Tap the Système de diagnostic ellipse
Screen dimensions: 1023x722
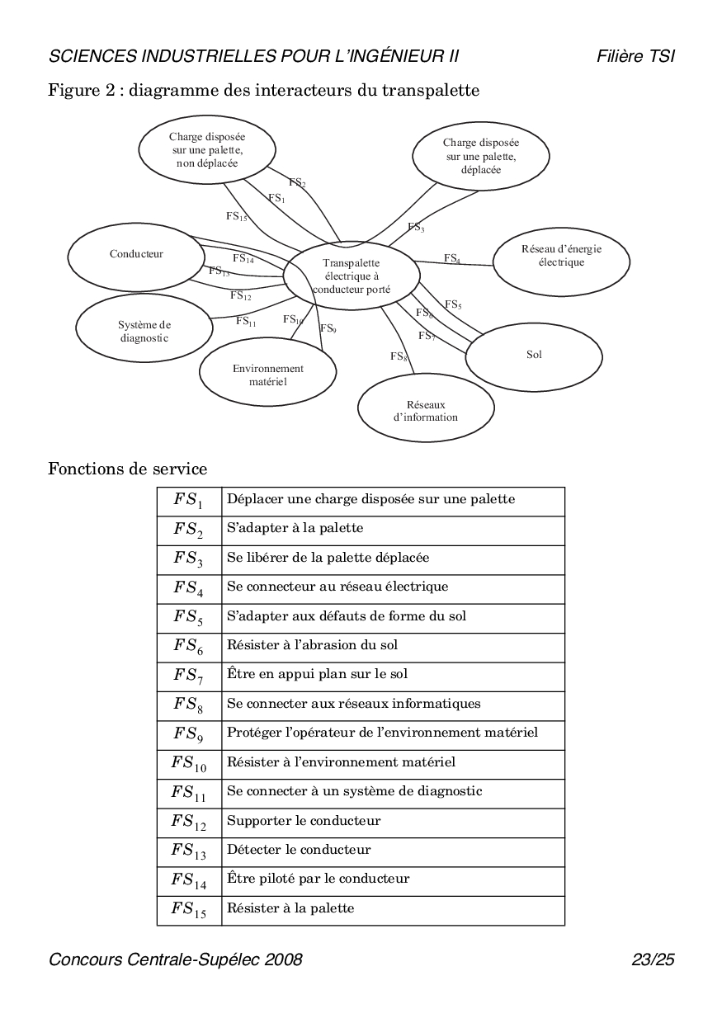point(144,331)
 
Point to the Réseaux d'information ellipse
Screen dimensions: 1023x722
point(426,411)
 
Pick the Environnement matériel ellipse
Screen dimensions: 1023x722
point(267,375)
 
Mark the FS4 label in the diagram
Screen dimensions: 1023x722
point(452,258)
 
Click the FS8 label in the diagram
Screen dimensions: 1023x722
point(399,356)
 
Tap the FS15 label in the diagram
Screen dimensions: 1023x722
point(237,216)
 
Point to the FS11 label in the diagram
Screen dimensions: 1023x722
point(246,321)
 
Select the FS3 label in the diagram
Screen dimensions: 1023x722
point(416,226)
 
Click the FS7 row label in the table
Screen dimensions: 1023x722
point(189,675)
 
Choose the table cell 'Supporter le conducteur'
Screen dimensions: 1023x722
point(304,821)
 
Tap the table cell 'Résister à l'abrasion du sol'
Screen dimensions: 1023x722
point(312,645)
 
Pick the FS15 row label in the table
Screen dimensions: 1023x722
point(189,909)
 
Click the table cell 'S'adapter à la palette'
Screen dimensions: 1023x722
point(295,528)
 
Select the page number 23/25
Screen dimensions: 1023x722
point(653,959)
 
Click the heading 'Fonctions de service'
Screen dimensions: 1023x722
point(128,469)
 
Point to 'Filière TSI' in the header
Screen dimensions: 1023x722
point(635,56)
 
